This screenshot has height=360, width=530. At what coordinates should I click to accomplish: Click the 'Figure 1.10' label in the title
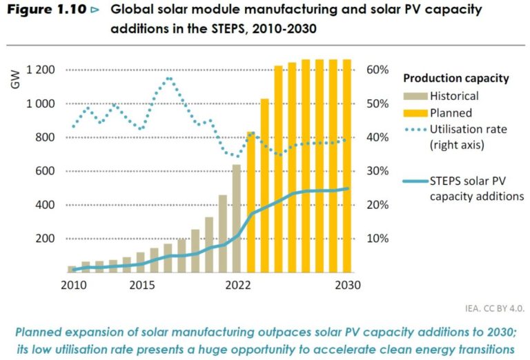(x=43, y=10)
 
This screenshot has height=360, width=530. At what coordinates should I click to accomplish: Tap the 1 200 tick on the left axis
(x=40, y=70)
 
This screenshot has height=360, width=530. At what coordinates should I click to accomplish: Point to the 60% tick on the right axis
(x=378, y=70)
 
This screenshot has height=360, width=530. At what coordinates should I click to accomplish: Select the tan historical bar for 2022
(x=237, y=218)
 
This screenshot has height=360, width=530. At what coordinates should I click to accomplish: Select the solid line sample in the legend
(x=414, y=182)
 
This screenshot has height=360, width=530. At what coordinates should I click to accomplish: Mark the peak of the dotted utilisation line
(x=168, y=79)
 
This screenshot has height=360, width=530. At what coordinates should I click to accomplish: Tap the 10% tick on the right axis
(x=378, y=239)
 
